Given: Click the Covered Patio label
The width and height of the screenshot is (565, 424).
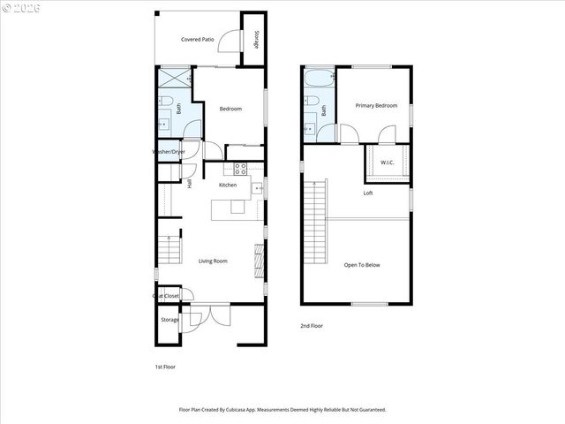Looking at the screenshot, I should tap(198, 40).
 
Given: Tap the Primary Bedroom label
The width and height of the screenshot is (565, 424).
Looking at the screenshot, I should tap(376, 105).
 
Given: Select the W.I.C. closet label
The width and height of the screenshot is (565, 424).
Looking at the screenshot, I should tap(388, 163).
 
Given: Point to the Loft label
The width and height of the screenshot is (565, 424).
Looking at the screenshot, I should tap(368, 193).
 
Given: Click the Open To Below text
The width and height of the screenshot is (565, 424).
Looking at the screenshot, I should tap(362, 264).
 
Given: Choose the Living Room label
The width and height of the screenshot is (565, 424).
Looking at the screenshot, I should tap(213, 261).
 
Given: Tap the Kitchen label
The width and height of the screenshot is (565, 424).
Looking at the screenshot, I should tap(228, 185).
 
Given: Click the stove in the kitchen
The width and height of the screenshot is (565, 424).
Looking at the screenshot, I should tap(238, 168).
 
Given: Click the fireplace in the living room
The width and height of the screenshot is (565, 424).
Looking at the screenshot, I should tap(259, 260).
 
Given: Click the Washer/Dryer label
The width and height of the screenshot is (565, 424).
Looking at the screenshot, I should tap(169, 152).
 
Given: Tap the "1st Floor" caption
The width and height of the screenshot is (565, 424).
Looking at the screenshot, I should tap(164, 366).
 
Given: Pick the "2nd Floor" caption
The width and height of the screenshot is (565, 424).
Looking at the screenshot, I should tap(311, 326).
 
